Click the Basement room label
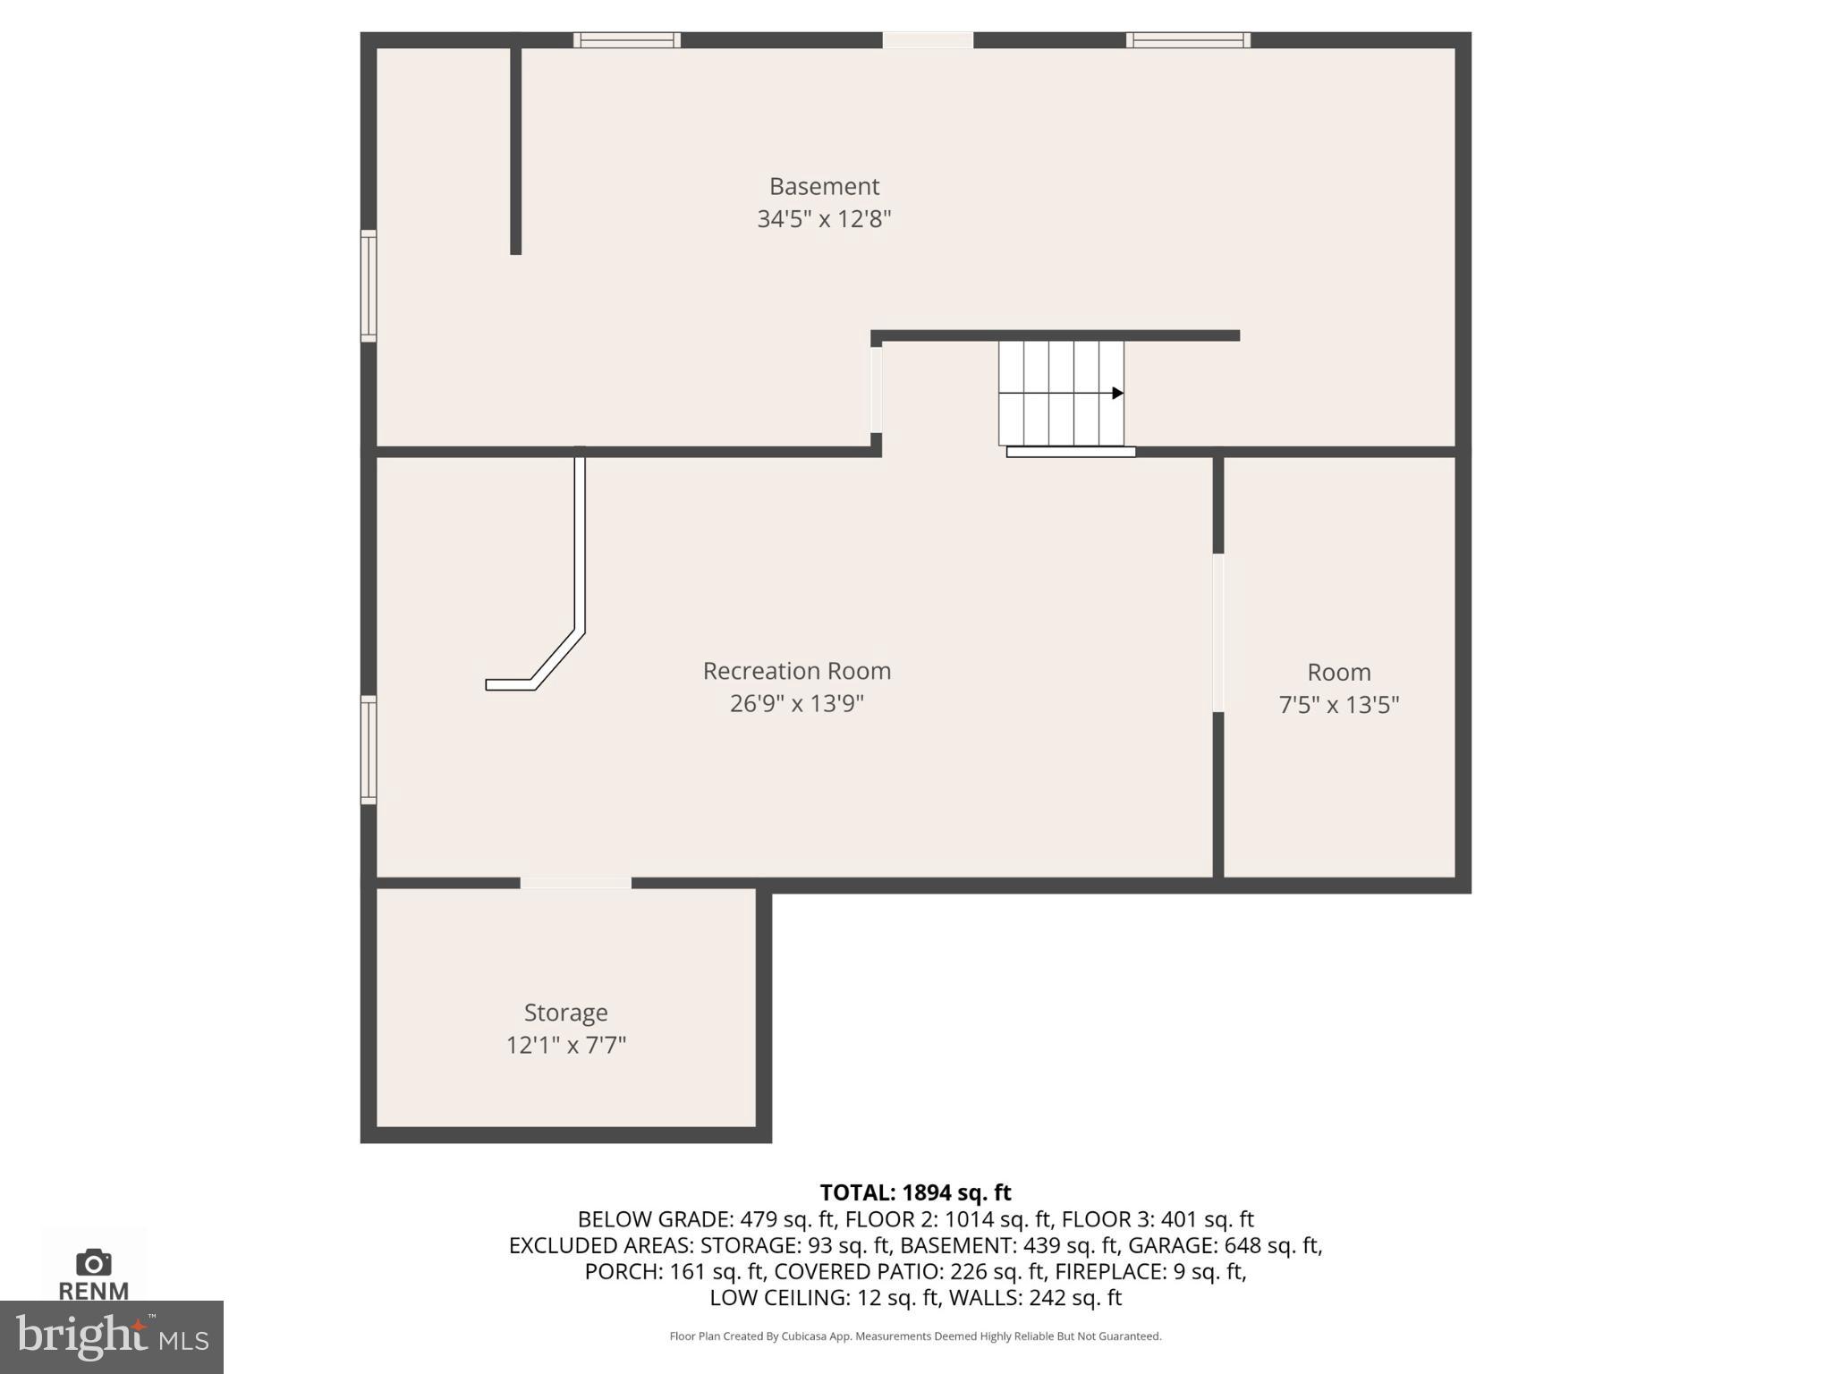[824, 186]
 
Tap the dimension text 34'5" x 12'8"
[824, 219]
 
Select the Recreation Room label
[796, 671]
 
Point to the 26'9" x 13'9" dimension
[796, 704]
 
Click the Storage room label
[565, 1013]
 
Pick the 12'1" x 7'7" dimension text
[565, 1045]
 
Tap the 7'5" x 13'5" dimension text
[1338, 705]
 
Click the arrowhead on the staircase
[1117, 393]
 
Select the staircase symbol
[1061, 393]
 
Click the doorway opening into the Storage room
[575, 883]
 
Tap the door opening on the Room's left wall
[1217, 632]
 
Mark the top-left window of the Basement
[626, 39]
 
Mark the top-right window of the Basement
[1188, 39]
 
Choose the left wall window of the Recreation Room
[369, 750]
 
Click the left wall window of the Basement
[369, 285]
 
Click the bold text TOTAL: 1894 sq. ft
[915, 1192]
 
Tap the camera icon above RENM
[93, 1263]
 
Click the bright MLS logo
[112, 1336]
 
